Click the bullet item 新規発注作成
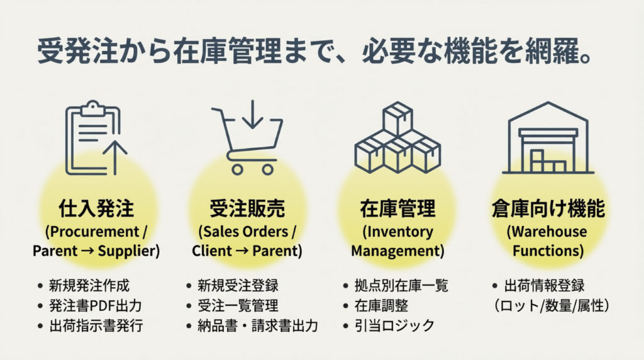coord(89,285)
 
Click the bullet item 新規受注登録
coord(238,285)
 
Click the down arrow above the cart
coord(250,113)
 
